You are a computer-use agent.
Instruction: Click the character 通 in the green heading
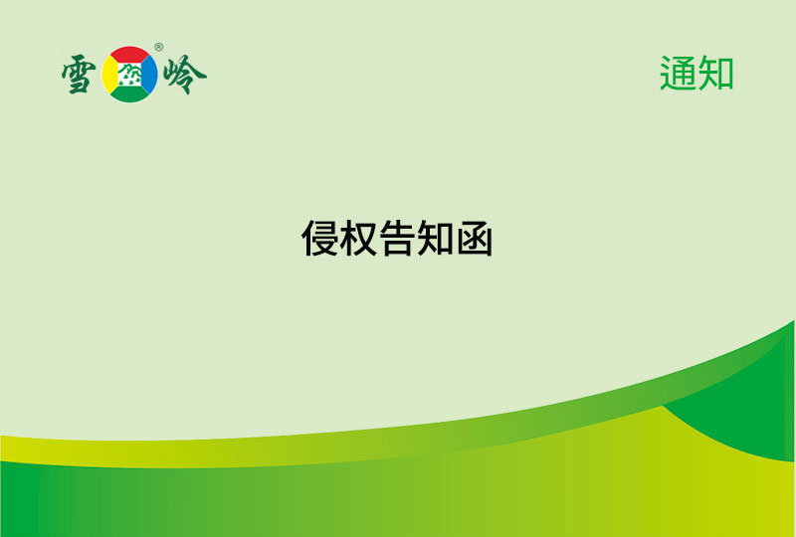pyautogui.click(x=678, y=74)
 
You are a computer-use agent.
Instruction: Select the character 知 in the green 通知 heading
pyautogui.click(x=715, y=74)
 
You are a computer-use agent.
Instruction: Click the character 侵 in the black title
pyautogui.click(x=320, y=239)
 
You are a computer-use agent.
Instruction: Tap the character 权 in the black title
pyautogui.click(x=359, y=239)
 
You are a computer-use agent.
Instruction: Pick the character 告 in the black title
pyautogui.click(x=398, y=239)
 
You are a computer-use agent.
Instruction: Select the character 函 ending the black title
pyautogui.click(x=475, y=239)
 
